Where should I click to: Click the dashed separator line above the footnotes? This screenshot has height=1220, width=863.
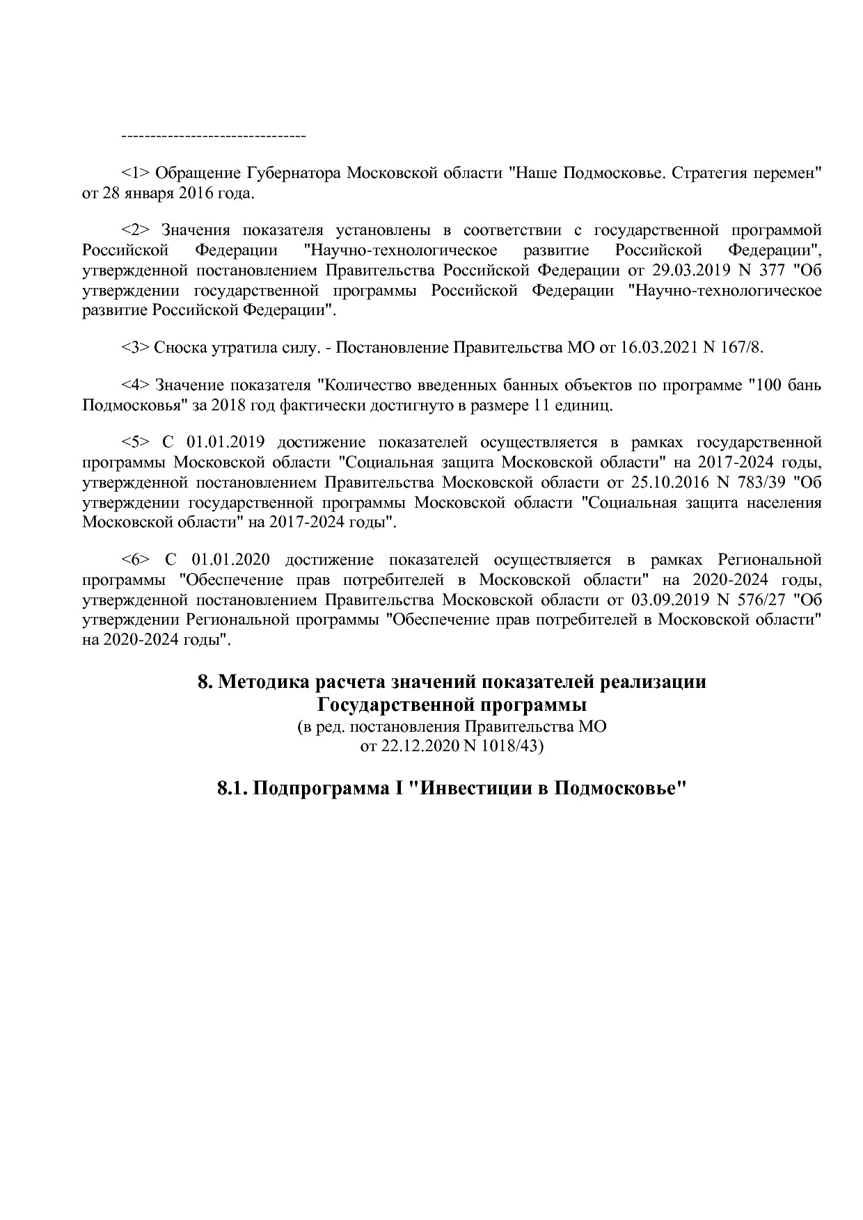pyautogui.click(x=214, y=136)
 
